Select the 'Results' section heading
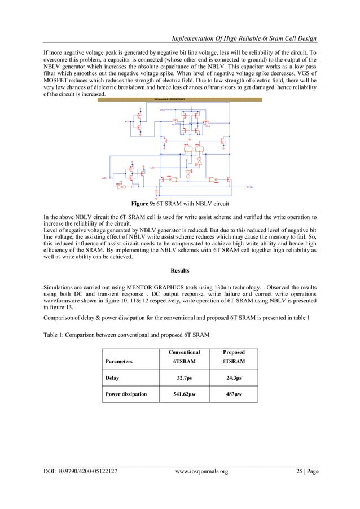pyautogui.click(x=179, y=271)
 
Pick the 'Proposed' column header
pyautogui.click(x=233, y=352)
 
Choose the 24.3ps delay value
pyautogui.click(x=233, y=378)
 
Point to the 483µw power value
pyautogui.click(x=233, y=394)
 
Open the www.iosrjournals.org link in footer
pyautogui.click(x=201, y=471)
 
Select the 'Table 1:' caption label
pyautogui.click(x=57, y=335)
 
